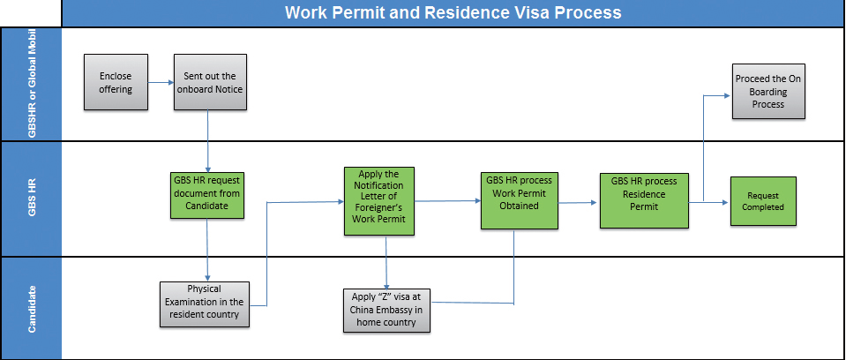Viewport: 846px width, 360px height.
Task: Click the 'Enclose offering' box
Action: coord(116,82)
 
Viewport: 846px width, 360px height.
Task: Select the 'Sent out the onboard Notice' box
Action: coord(210,82)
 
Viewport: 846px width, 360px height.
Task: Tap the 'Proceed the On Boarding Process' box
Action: coord(768,91)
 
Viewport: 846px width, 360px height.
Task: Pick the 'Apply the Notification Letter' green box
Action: coord(379,201)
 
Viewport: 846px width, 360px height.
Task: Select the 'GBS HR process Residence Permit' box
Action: coord(644,201)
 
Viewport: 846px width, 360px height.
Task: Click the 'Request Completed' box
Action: coord(763,201)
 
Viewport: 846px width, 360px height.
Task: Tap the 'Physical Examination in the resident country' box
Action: coord(205,304)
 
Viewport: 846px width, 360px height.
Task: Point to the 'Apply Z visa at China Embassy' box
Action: coord(387,310)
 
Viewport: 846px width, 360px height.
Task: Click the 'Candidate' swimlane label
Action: coord(31,308)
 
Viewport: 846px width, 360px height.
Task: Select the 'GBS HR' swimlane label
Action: coord(31,199)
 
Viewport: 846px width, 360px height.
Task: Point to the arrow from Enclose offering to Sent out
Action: coord(161,83)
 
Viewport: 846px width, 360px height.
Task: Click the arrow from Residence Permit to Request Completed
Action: coord(709,202)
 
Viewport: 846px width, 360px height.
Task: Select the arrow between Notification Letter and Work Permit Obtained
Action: coord(448,201)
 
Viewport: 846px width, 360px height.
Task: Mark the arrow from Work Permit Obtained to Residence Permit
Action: coord(576,203)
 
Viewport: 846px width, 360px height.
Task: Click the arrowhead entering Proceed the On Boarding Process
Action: coord(729,95)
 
